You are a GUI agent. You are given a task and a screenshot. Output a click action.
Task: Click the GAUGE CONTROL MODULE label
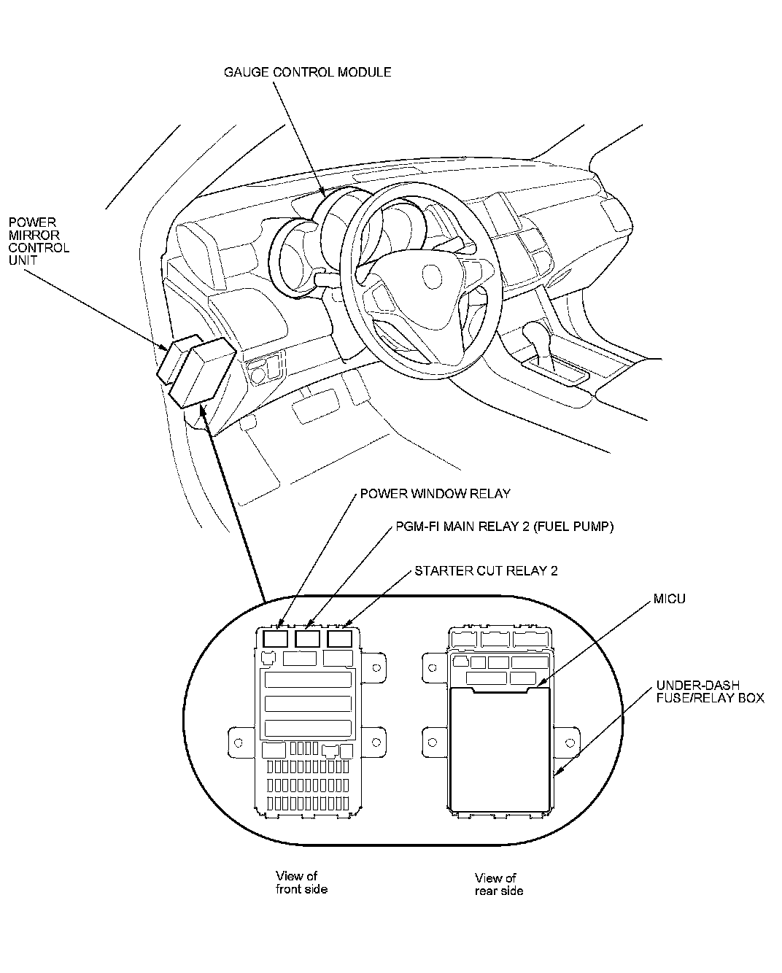pos(307,72)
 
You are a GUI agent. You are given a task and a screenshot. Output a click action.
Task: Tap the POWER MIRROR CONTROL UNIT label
pos(39,241)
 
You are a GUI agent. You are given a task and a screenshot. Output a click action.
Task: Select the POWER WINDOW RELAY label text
pos(435,494)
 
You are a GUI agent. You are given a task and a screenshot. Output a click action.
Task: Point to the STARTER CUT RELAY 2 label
pos(486,570)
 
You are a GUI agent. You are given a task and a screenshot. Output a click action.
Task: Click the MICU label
pos(670,599)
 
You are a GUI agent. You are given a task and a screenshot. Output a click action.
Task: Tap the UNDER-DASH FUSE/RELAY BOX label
pos(709,691)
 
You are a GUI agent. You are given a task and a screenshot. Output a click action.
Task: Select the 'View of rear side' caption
pos(498,884)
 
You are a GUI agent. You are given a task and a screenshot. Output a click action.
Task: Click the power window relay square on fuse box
pos(275,640)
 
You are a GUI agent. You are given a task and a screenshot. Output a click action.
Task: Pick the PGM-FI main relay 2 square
pos(308,640)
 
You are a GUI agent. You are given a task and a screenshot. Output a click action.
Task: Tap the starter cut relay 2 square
pos(339,640)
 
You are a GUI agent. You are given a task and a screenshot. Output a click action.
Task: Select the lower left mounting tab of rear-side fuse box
pos(433,742)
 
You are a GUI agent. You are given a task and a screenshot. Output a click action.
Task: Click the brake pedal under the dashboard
pos(315,406)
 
